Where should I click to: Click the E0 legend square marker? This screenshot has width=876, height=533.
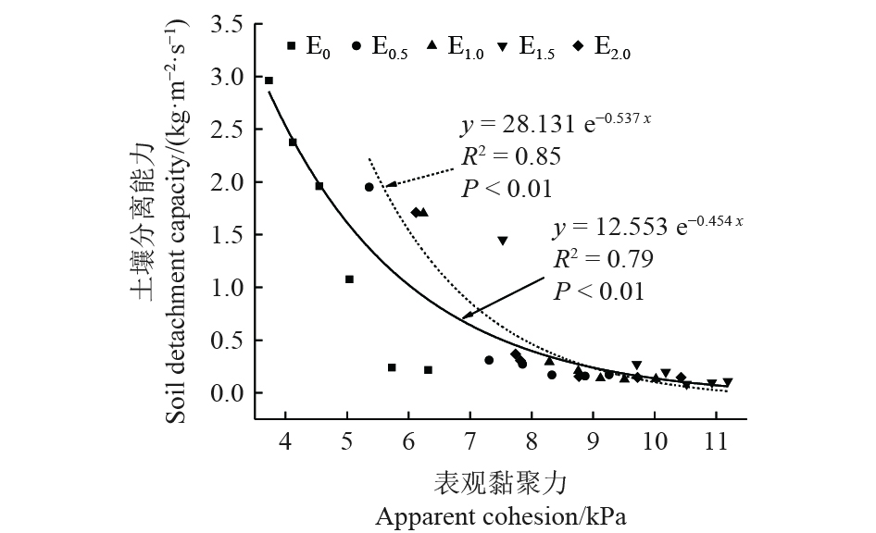pyautogui.click(x=291, y=45)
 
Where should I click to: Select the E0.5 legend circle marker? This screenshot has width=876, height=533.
pyautogui.click(x=357, y=45)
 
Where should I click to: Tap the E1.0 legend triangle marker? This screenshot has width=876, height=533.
pyautogui.click(x=432, y=45)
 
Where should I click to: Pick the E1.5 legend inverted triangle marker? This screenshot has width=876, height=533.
pyautogui.click(x=504, y=45)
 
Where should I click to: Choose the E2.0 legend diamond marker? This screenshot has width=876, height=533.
pyautogui.click(x=578, y=45)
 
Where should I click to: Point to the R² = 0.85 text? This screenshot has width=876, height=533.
pyautogui.click(x=511, y=156)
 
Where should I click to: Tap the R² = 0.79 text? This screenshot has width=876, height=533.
pyautogui.click(x=603, y=259)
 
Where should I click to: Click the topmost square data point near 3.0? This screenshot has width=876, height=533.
pyautogui.click(x=269, y=81)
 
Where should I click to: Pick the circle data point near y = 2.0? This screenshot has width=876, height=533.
pyautogui.click(x=369, y=187)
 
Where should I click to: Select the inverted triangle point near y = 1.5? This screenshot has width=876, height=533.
pyautogui.click(x=502, y=241)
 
